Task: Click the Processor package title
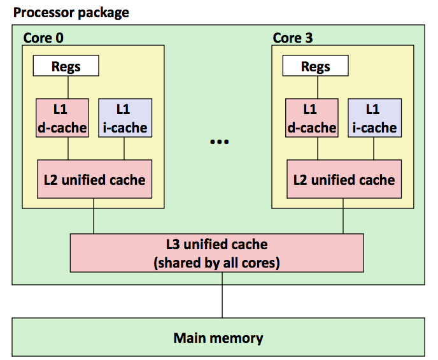(71, 13)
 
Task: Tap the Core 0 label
(43, 38)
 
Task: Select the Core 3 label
(293, 38)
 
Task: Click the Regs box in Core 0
(66, 66)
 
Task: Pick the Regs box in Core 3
(315, 66)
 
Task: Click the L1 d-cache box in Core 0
(62, 118)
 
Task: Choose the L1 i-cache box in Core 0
(125, 118)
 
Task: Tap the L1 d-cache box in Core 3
(312, 118)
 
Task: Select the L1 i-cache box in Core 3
(374, 118)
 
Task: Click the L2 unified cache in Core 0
(95, 179)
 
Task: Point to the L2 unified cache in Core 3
(344, 179)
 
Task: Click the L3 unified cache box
(216, 253)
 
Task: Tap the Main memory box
(218, 337)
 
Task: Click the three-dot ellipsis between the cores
(219, 142)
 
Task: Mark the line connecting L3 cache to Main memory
(222, 295)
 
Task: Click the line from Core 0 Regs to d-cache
(68, 87)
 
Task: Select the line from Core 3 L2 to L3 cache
(343, 216)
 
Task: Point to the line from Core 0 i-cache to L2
(124, 148)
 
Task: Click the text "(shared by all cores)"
(216, 263)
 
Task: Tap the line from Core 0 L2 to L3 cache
(94, 216)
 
